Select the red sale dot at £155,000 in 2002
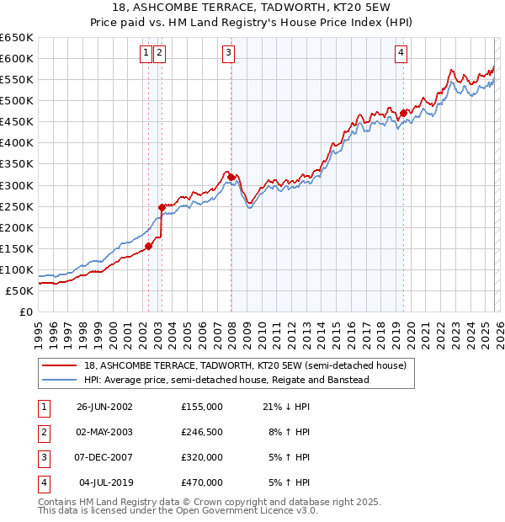(x=149, y=246)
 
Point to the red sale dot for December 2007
(x=231, y=176)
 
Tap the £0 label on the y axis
(x=26, y=312)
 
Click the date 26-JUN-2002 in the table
(x=104, y=407)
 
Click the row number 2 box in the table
(x=42, y=432)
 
